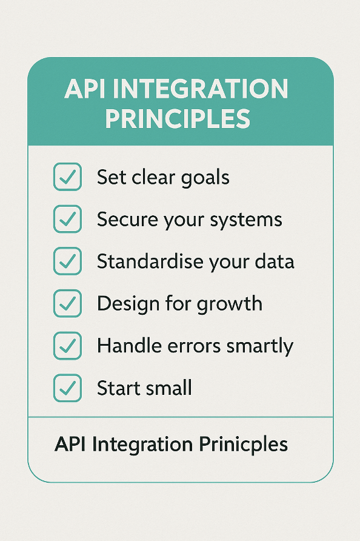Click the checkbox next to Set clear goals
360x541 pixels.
pyautogui.click(x=68, y=176)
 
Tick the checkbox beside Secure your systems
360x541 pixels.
pyautogui.click(x=68, y=219)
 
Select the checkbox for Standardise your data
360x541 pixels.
pyautogui.click(x=68, y=261)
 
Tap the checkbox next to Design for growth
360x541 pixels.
pyautogui.click(x=68, y=303)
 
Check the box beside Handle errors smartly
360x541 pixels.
pyautogui.click(x=68, y=345)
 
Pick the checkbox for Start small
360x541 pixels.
pyautogui.click(x=68, y=388)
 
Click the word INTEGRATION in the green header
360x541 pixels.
pyautogui.click(x=201, y=89)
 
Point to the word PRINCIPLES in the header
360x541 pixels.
pyautogui.click(x=178, y=119)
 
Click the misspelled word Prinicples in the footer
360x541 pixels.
pyautogui.click(x=244, y=445)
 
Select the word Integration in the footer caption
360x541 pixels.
pyautogui.click(x=142, y=445)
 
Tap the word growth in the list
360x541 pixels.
pyautogui.click(x=229, y=304)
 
